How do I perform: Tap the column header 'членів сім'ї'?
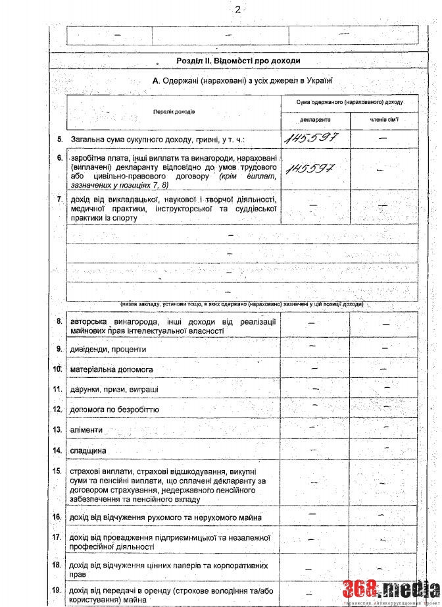click(x=383, y=121)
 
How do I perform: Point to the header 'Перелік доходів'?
click(x=174, y=111)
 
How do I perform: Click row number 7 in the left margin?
click(x=59, y=199)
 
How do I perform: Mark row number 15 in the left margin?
click(x=58, y=471)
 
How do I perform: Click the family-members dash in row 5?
click(x=383, y=139)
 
